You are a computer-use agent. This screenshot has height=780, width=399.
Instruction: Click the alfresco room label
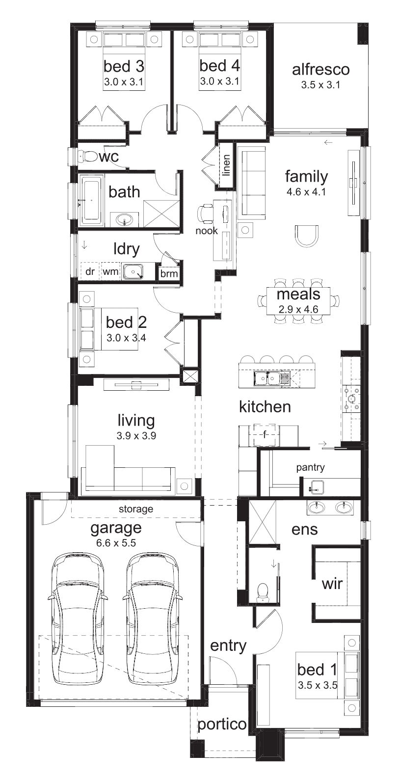(x=320, y=69)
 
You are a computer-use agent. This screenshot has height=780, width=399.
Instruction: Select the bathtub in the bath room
(x=92, y=200)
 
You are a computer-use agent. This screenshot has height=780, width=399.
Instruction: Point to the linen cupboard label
(x=226, y=165)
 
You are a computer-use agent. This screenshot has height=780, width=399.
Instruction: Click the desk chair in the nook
(x=205, y=214)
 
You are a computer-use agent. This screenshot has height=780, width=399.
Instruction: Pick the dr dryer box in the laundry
(x=90, y=271)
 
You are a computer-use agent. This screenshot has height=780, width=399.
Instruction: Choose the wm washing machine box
(x=110, y=271)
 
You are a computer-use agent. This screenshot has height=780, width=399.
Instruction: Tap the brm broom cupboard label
(x=169, y=274)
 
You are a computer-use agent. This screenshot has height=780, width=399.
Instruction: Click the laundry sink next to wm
(x=133, y=271)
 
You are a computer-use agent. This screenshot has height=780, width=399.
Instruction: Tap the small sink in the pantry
(x=317, y=486)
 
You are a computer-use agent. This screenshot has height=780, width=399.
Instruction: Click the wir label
(x=332, y=584)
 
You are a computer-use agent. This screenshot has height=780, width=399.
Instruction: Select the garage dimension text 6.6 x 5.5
(x=116, y=543)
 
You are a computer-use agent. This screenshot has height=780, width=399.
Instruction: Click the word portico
(x=222, y=725)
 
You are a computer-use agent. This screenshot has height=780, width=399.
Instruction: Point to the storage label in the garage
(x=136, y=510)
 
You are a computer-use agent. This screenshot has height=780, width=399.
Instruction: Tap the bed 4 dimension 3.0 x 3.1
(x=219, y=81)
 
